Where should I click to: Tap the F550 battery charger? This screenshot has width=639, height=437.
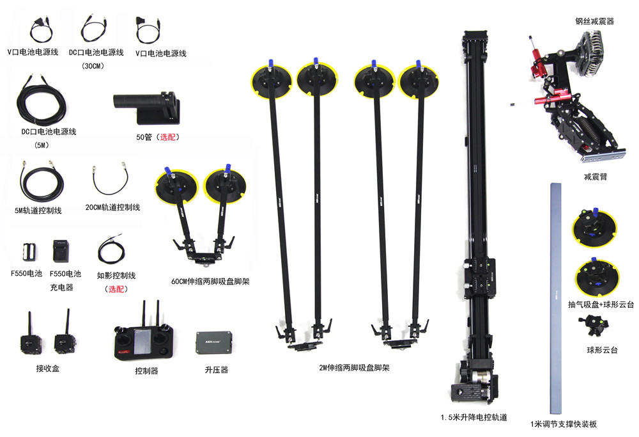click(61, 251)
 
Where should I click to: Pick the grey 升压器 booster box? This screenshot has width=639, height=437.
click(214, 343)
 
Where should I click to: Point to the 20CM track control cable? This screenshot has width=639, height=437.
click(111, 179)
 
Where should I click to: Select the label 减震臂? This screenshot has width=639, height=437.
click(596, 177)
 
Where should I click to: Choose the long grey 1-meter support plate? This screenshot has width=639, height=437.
click(555, 299)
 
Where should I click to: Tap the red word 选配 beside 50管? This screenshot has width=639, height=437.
click(167, 137)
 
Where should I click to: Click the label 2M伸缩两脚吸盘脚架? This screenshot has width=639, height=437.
click(354, 368)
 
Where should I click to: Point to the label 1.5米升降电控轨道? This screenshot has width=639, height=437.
click(474, 417)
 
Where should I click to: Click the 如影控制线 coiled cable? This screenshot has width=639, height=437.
click(111, 249)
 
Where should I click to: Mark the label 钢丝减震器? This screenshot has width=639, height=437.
click(594, 21)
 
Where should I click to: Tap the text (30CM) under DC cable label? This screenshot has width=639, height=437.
click(93, 66)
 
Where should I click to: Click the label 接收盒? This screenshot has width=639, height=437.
click(48, 369)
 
